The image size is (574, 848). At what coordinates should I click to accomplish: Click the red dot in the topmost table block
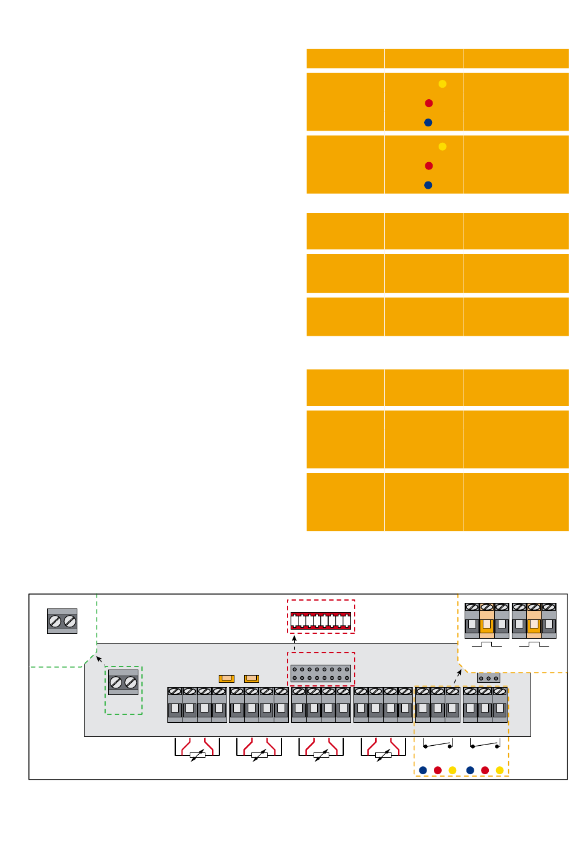coord(428,103)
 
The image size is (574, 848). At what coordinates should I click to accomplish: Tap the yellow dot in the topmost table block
coord(442,83)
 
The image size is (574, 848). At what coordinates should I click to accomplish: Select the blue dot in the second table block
coord(428,185)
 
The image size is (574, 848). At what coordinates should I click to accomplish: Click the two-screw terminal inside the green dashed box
coord(123,682)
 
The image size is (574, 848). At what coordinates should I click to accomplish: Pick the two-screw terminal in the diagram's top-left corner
coord(62,621)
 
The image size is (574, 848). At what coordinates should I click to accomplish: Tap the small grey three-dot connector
coord(488,678)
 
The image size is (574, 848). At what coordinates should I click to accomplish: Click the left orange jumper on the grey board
coord(227,679)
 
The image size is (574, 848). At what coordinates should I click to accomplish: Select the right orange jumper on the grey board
coord(251,679)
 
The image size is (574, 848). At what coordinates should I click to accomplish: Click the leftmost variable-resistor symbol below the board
coord(197,754)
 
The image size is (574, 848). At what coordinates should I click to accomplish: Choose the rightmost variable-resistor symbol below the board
coord(383,754)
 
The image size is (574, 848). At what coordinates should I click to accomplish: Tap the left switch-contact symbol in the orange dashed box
coord(437,745)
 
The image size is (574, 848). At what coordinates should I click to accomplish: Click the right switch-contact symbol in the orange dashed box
coord(485,745)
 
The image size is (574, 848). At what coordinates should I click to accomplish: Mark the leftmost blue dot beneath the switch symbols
coord(423,770)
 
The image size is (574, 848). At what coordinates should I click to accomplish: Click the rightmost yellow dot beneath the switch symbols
coord(500,770)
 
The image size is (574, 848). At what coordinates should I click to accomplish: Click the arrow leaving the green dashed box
coord(100,660)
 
